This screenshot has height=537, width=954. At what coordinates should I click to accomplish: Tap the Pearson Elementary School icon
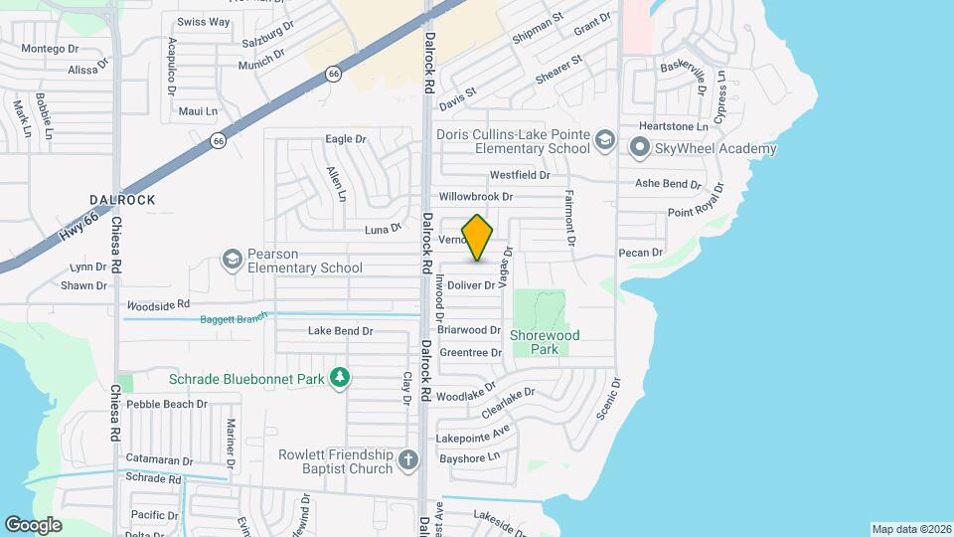pyautogui.click(x=232, y=261)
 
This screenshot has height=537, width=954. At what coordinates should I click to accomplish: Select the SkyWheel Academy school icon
pyautogui.click(x=639, y=149)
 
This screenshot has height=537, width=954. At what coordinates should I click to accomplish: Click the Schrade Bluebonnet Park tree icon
pyautogui.click(x=341, y=378)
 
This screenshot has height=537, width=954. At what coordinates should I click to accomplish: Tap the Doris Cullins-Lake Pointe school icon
pyautogui.click(x=604, y=141)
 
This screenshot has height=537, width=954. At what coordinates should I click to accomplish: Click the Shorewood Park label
pyautogui.click(x=545, y=342)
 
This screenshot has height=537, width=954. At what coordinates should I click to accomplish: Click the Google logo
pyautogui.click(x=34, y=524)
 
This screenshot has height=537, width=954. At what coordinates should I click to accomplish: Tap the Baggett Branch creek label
pyautogui.click(x=235, y=319)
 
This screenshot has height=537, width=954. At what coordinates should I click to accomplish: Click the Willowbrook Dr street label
pyautogui.click(x=476, y=197)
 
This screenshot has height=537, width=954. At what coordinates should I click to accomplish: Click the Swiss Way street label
pyautogui.click(x=203, y=22)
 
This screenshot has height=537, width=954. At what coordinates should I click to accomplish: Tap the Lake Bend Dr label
pyautogui.click(x=340, y=331)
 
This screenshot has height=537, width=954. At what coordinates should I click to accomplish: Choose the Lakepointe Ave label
pyautogui.click(x=473, y=434)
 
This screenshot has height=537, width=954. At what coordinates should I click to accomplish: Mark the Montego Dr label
pyautogui.click(x=50, y=49)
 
